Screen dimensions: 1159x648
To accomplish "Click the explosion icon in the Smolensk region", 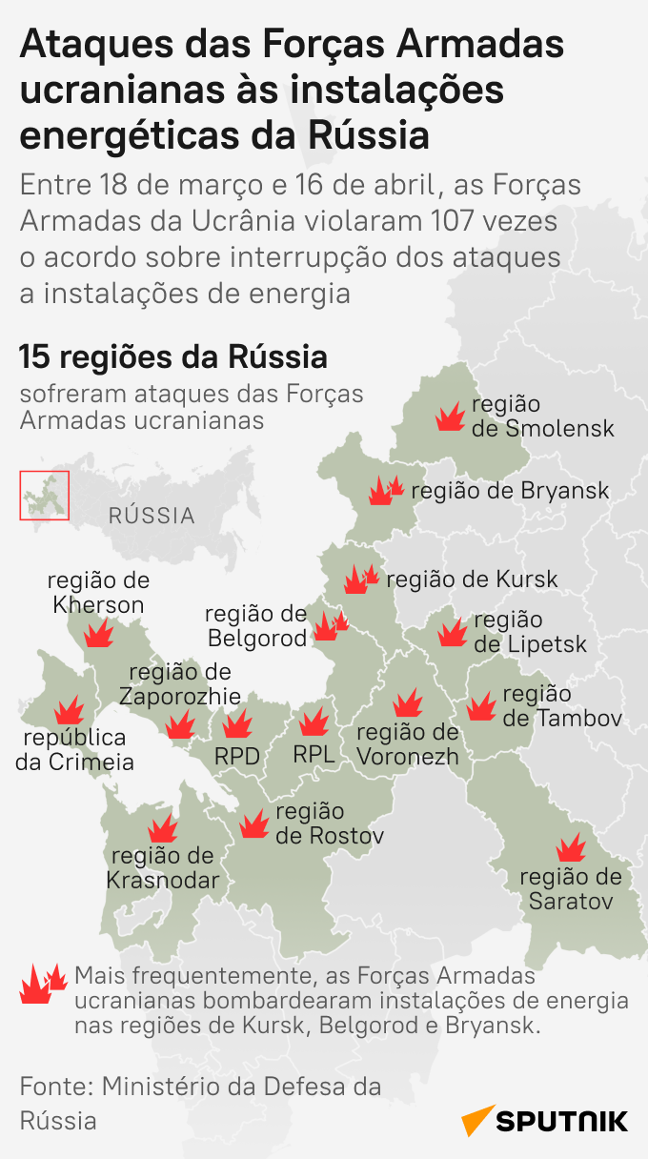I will click(x=450, y=417).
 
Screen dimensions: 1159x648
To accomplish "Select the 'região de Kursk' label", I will click(x=472, y=579).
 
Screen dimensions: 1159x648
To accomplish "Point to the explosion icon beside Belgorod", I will click(x=331, y=625).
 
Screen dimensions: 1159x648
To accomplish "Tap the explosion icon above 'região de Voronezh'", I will click(x=408, y=703).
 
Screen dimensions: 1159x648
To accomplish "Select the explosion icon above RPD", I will click(x=237, y=723).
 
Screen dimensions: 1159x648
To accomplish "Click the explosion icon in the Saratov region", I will click(x=570, y=846).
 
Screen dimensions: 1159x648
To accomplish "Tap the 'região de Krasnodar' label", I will click(x=162, y=867).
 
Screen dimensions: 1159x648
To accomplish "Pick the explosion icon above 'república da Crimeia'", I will click(x=68, y=710).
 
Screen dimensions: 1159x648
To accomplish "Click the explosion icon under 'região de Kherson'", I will click(x=97, y=632).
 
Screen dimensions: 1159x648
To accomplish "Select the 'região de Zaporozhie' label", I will click(x=179, y=684).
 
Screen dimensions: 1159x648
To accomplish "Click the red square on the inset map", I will click(x=45, y=496).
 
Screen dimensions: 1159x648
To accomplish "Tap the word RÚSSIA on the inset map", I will click(x=152, y=516).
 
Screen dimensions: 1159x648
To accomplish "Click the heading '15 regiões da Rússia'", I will click(x=172, y=358).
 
